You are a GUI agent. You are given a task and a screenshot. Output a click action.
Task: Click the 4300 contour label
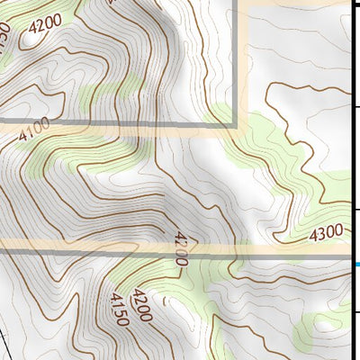tap(326, 233)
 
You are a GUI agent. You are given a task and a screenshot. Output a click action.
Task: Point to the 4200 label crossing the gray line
tap(180, 248)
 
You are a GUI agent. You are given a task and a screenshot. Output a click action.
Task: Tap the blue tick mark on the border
tap(356, 264)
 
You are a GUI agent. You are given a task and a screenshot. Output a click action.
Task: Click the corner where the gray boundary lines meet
tap(237, 123)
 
